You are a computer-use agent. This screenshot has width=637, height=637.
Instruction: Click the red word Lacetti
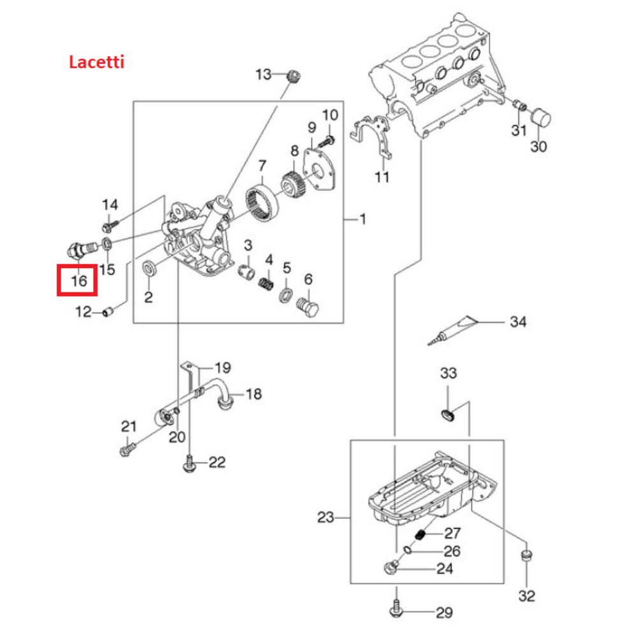(x=96, y=62)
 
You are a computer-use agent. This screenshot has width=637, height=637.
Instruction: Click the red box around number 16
(x=76, y=280)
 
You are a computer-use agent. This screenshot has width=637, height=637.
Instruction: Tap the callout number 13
(x=263, y=75)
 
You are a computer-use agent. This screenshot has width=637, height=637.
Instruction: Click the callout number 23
(x=326, y=518)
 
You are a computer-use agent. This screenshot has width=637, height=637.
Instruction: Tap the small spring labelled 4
(x=266, y=280)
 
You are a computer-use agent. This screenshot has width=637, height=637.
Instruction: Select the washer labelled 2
(x=148, y=268)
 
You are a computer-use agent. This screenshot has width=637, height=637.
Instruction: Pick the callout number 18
(x=254, y=394)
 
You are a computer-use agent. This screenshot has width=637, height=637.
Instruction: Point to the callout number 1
(x=362, y=220)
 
